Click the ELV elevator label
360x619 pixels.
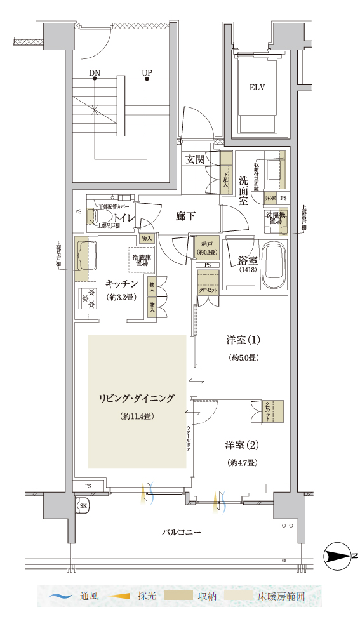pyautogui.click(x=257, y=88)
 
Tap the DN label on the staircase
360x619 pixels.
pyautogui.click(x=95, y=72)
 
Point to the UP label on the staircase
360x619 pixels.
pyautogui.click(x=147, y=72)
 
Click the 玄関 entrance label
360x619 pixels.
pyautogui.click(x=195, y=159)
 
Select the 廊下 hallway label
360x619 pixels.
pyautogui.click(x=185, y=216)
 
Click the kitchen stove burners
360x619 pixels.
pyautogui.click(x=86, y=299)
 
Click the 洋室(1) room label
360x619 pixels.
pyautogui.click(x=242, y=341)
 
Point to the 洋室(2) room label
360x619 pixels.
pyautogui.click(x=242, y=444)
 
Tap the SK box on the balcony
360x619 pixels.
pyautogui.click(x=83, y=505)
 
